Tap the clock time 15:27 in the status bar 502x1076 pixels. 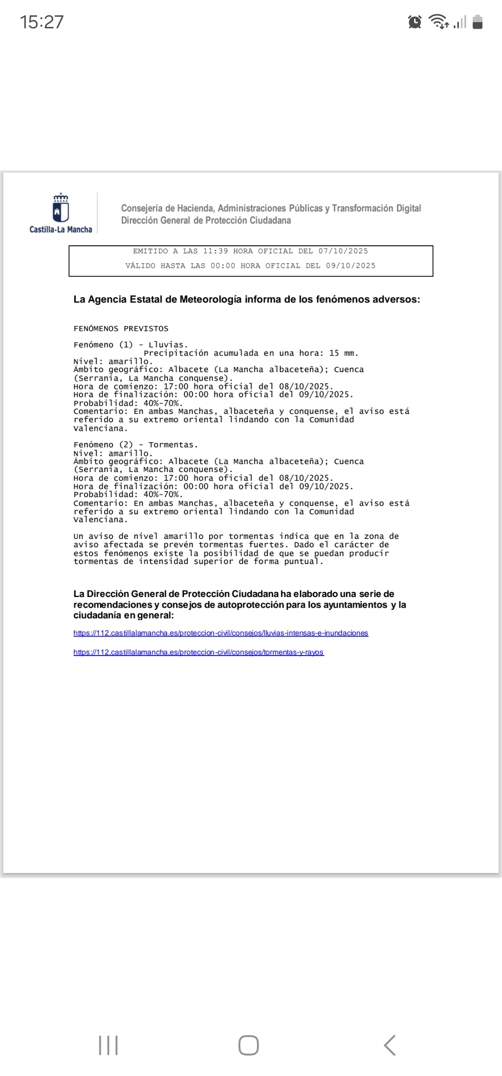[x=41, y=22]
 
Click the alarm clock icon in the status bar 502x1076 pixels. [x=415, y=22]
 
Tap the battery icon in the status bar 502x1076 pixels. [x=477, y=22]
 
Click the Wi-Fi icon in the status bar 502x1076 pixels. [x=439, y=21]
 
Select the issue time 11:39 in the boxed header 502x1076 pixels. [x=215, y=251]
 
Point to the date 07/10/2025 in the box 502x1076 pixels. [x=343, y=251]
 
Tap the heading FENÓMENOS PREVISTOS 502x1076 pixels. [x=121, y=328]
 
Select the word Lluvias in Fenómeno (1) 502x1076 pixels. [x=167, y=345]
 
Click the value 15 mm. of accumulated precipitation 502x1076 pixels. [x=343, y=353]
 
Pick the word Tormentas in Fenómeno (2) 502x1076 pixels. [x=172, y=445]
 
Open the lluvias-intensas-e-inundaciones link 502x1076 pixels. [x=221, y=633]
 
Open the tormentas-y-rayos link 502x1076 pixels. [x=198, y=652]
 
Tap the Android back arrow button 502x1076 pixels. [x=390, y=1045]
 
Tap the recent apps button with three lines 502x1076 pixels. [x=108, y=1045]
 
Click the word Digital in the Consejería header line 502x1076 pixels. [x=409, y=208]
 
